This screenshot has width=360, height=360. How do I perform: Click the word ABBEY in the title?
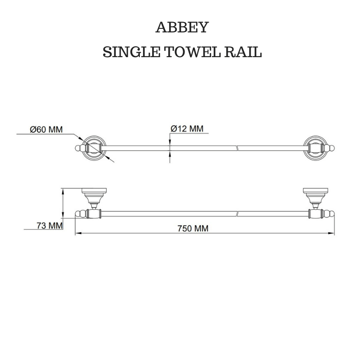point(182,28)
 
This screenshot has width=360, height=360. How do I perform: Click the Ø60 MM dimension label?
point(46,130)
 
